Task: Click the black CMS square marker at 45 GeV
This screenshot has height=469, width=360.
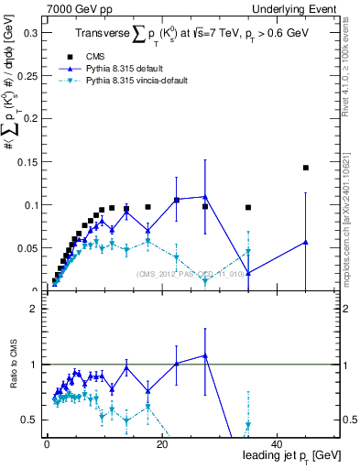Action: point(306,168)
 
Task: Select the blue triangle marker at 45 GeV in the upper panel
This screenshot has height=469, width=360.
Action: point(306,242)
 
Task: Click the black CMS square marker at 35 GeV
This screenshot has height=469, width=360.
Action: point(248,207)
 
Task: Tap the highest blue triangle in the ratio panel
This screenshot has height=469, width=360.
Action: point(205,355)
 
